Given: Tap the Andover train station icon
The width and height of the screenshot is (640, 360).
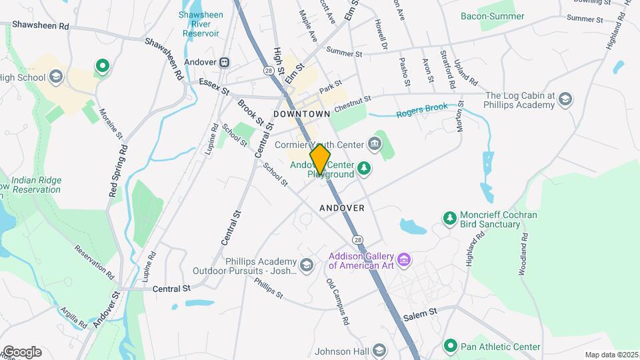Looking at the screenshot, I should [x=225, y=62].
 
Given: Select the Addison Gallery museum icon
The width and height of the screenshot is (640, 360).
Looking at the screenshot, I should [x=403, y=259].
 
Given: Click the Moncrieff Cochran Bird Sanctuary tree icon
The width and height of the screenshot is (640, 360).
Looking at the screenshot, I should [x=450, y=217].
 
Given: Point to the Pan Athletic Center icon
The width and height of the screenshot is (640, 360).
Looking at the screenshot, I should [x=450, y=346].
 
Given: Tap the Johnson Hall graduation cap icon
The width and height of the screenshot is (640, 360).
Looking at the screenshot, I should [x=379, y=350].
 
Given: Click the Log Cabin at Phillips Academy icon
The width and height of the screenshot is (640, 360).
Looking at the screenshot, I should [x=565, y=99].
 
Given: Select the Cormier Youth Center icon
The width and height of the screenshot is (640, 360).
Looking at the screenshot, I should [x=375, y=143].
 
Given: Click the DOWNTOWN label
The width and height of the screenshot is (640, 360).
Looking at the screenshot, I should [x=302, y=114].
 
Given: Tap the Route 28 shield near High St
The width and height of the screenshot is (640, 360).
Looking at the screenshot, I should [x=268, y=70].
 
